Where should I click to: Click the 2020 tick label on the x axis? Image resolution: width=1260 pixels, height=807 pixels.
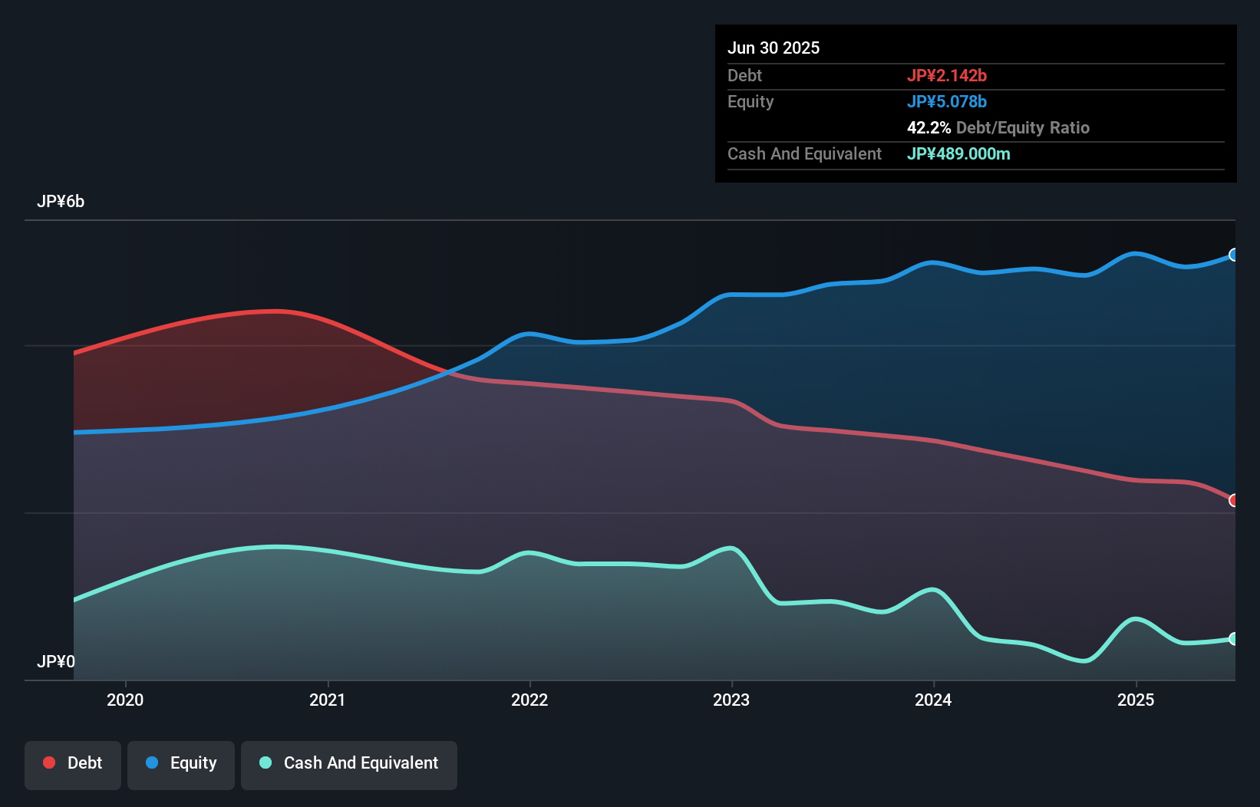pos(125,700)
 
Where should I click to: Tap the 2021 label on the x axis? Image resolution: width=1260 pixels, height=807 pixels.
pos(328,700)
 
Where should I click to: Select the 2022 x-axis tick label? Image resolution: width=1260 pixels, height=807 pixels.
pos(529,700)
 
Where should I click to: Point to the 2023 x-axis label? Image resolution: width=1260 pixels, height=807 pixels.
pos(731,700)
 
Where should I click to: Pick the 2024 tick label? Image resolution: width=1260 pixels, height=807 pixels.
pos(933,700)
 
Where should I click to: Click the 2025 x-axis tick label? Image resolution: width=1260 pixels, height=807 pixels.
pos(1136,700)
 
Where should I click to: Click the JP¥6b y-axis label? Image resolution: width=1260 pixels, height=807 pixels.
pos(61,202)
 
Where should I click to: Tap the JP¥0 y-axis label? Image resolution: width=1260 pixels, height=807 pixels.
pos(56,661)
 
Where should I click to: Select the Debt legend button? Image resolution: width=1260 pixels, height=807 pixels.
pos(73,763)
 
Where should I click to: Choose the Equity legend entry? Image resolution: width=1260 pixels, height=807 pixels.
pos(181,763)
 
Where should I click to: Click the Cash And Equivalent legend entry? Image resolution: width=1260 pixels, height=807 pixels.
pos(349,763)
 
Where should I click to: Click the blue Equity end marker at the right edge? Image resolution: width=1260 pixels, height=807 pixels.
pos(1233,255)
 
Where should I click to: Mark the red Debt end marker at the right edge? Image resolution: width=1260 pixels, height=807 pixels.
pos(1233,500)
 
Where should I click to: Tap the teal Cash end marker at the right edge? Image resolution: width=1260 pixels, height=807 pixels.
pos(1233,639)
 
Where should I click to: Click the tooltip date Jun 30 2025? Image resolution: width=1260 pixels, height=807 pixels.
pos(773,48)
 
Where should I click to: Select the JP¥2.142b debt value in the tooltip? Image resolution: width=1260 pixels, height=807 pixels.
pos(947,75)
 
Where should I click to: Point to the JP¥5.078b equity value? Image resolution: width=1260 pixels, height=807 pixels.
pos(947,101)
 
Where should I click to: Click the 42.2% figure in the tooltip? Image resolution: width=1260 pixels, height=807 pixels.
pos(929,127)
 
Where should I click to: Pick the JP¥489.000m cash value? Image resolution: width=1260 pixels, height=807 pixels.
pos(958,153)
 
